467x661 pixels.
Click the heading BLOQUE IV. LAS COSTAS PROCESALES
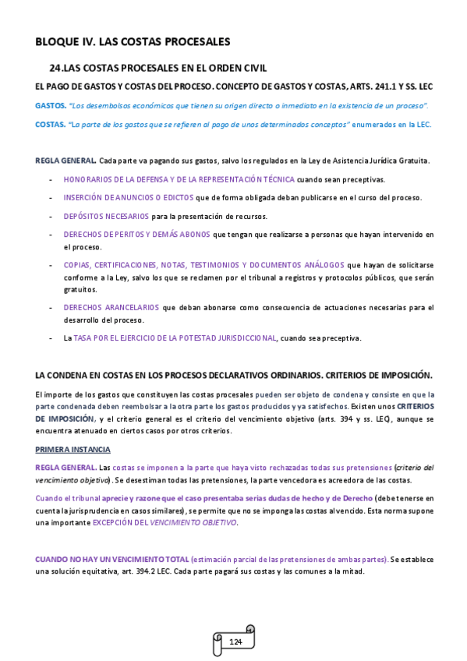point(132,41)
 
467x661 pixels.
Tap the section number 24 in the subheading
point(55,69)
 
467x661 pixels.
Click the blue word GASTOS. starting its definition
point(50,105)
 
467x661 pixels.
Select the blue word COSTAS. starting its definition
point(50,124)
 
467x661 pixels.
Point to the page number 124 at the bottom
point(235,641)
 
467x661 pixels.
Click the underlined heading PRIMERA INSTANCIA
point(73,450)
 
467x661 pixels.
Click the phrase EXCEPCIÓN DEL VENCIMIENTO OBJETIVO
point(165,522)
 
